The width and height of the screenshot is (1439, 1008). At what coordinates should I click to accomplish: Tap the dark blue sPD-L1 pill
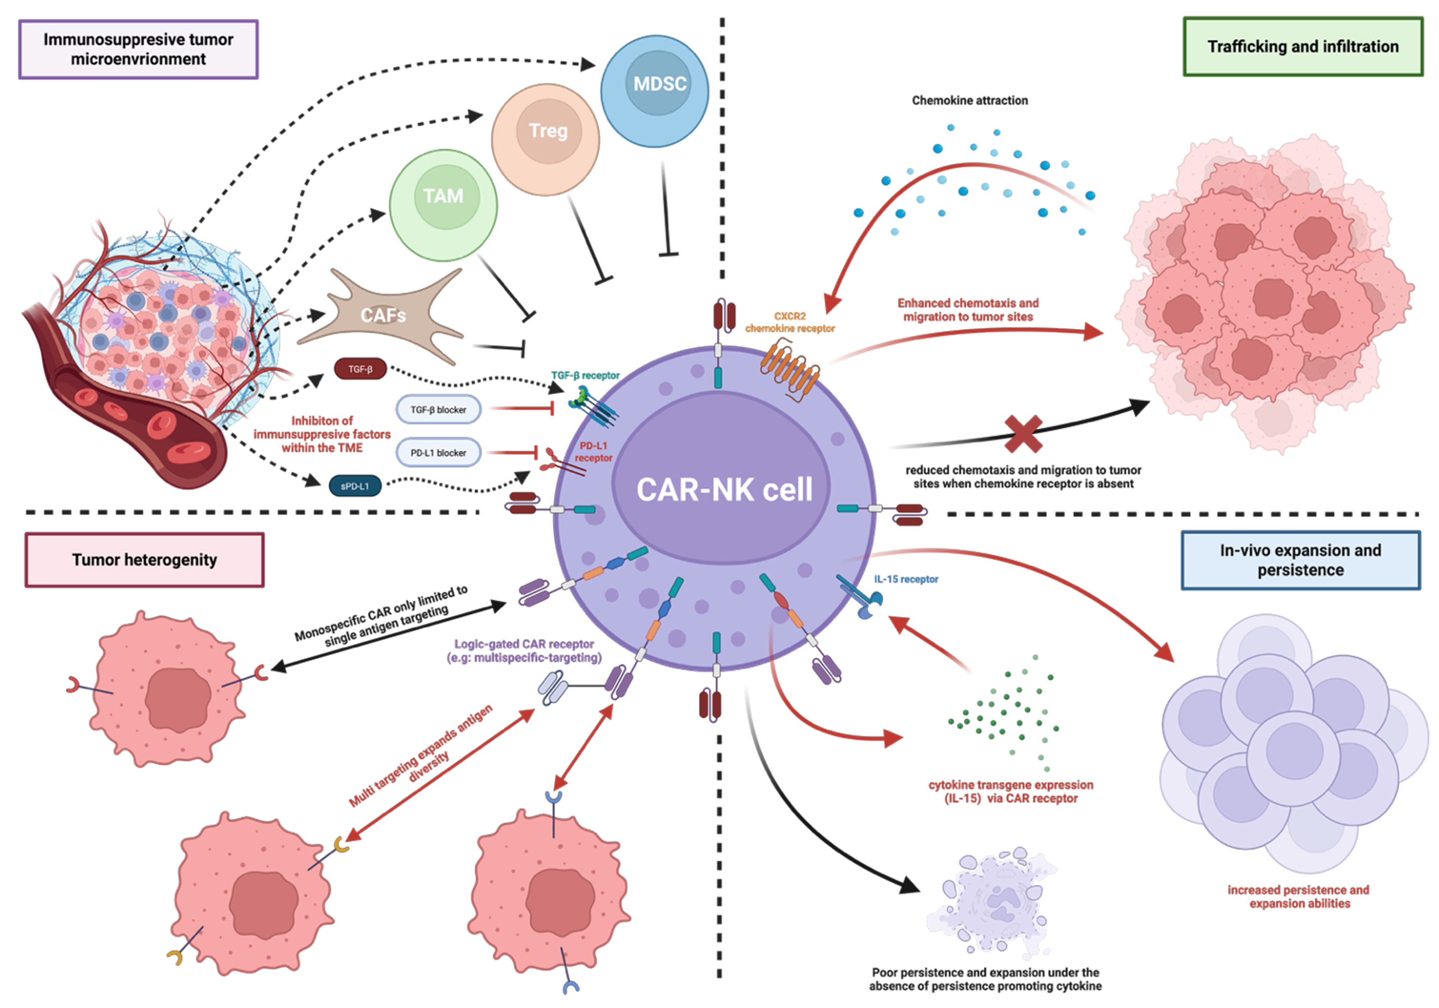355,486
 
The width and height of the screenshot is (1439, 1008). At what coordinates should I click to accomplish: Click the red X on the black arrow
1023,434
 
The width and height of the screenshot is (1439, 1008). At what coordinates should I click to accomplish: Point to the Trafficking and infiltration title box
1302,47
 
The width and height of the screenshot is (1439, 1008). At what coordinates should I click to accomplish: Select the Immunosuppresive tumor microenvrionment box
138,49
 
